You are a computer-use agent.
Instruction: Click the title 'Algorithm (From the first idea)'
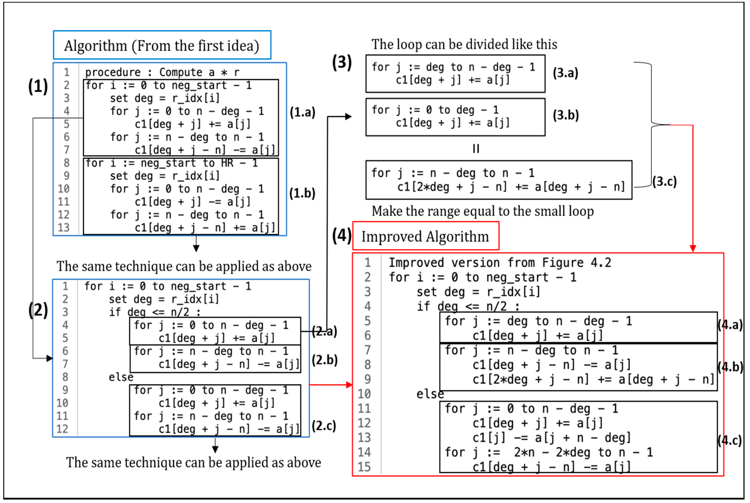(x=162, y=46)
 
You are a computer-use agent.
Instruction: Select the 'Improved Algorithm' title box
(x=425, y=236)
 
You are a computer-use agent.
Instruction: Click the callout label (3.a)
(x=565, y=73)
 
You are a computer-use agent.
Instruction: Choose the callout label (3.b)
(x=566, y=115)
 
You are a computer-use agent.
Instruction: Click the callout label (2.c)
(x=324, y=426)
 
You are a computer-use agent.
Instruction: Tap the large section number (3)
(x=342, y=62)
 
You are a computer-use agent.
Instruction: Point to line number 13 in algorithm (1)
(x=64, y=227)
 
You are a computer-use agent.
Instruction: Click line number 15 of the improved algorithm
(x=364, y=467)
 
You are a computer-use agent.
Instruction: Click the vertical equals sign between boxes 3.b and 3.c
(x=476, y=149)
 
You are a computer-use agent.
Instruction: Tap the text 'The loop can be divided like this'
(x=464, y=44)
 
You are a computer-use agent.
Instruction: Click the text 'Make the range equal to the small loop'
(x=483, y=211)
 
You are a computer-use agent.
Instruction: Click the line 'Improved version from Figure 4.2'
(x=500, y=263)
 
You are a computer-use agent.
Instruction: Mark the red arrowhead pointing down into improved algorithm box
(x=693, y=249)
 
